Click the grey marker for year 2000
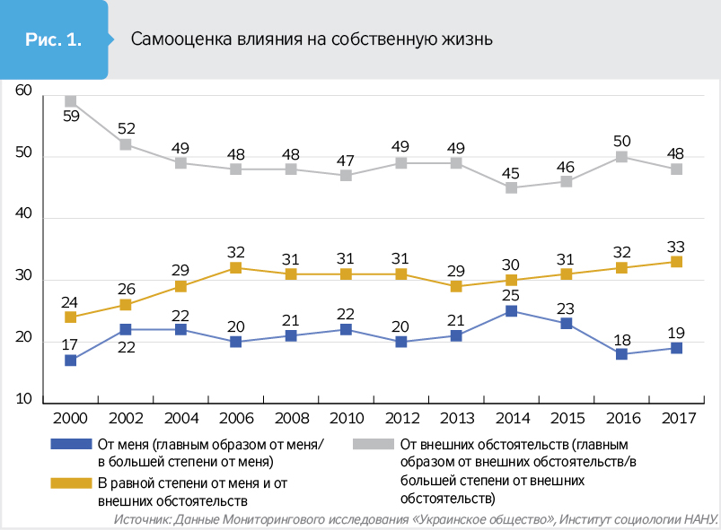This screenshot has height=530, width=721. (x=71, y=101)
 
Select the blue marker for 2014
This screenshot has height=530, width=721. (x=512, y=311)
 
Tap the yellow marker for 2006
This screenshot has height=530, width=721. (x=236, y=267)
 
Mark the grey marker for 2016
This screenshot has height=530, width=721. (x=620, y=157)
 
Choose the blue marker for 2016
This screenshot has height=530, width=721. (x=620, y=354)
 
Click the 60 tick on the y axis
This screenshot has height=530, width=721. (x=23, y=91)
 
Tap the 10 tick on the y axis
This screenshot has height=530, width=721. (x=23, y=397)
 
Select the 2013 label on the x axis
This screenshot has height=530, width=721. (x=456, y=420)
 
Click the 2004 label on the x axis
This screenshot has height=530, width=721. (x=180, y=420)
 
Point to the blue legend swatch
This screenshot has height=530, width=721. (x=72, y=444)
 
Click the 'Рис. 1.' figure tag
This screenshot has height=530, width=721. (x=53, y=39)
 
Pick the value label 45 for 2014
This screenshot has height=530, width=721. (x=512, y=171)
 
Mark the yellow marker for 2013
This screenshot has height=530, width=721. (x=456, y=286)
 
